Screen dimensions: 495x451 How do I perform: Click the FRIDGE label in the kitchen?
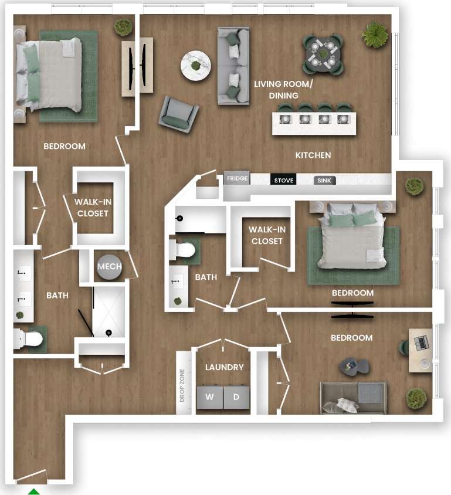pyautogui.click(x=237, y=179)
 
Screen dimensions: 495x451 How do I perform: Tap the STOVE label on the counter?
pyautogui.click(x=283, y=180)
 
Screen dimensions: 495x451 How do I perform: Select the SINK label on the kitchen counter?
pyautogui.click(x=324, y=181)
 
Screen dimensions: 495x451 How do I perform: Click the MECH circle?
pyautogui.click(x=109, y=267)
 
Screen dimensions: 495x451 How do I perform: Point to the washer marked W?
pyautogui.click(x=209, y=397)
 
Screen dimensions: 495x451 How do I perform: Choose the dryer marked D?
pyautogui.click(x=236, y=397)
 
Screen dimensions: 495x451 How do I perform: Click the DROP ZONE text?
pyautogui.click(x=182, y=385)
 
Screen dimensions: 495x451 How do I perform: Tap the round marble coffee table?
pyautogui.click(x=196, y=66)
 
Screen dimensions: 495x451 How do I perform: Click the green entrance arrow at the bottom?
pyautogui.click(x=34, y=491)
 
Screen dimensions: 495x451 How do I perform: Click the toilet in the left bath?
pyautogui.click(x=29, y=339)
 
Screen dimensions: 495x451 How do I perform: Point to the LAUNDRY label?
pyautogui.click(x=224, y=367)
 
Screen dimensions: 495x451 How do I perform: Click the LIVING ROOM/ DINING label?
pyautogui.click(x=283, y=90)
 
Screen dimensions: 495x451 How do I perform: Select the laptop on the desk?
pyautogui.click(x=422, y=341)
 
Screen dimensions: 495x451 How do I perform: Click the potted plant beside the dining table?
pyautogui.click(x=375, y=35)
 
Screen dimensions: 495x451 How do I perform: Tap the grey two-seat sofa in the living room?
pyautogui.click(x=233, y=66)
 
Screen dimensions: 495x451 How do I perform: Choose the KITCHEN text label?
pyautogui.click(x=313, y=155)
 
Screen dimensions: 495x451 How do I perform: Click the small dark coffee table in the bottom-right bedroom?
pyautogui.click(x=354, y=367)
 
